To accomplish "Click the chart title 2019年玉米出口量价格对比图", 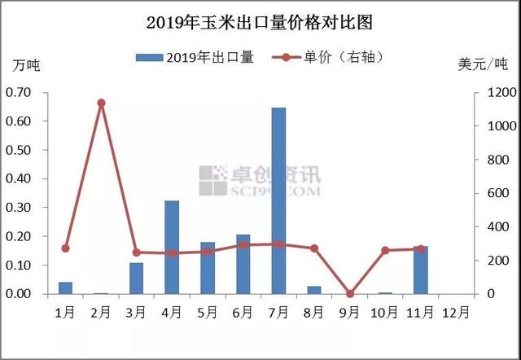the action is click(259, 23).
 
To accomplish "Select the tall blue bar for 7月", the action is click(278, 201).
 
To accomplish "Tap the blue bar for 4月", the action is click(172, 248).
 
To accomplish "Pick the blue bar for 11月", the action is click(421, 270).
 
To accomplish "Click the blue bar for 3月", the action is click(136, 279).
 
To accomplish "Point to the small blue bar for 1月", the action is click(65, 288).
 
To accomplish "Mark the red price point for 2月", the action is click(101, 103).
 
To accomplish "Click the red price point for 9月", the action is click(350, 294).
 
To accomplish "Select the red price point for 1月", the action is click(65, 248).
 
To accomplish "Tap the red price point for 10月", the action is click(385, 250).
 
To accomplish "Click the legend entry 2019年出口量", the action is click(195, 58).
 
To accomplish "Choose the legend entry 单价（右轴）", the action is click(328, 58).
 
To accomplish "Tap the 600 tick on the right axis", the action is click(497, 193).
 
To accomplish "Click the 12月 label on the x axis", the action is click(456, 313).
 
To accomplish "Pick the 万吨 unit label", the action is click(26, 65).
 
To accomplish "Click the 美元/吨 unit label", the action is click(483, 64).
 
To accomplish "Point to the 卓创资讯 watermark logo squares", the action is click(213, 181).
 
